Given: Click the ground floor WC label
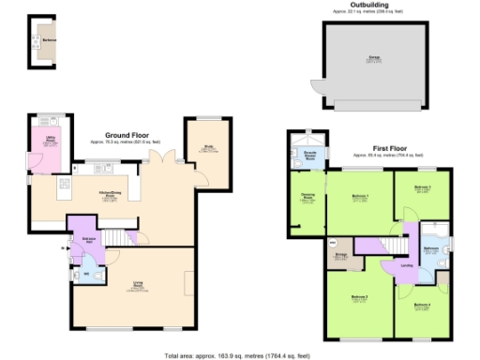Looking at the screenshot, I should pyautogui.click(x=87, y=273).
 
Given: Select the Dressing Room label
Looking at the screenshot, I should pyautogui.click(x=307, y=197).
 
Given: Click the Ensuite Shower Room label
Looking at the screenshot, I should pyautogui.click(x=308, y=155).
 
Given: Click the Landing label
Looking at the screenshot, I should pyautogui.click(x=406, y=264).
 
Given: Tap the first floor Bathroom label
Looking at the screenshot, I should pyautogui.click(x=430, y=247).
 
